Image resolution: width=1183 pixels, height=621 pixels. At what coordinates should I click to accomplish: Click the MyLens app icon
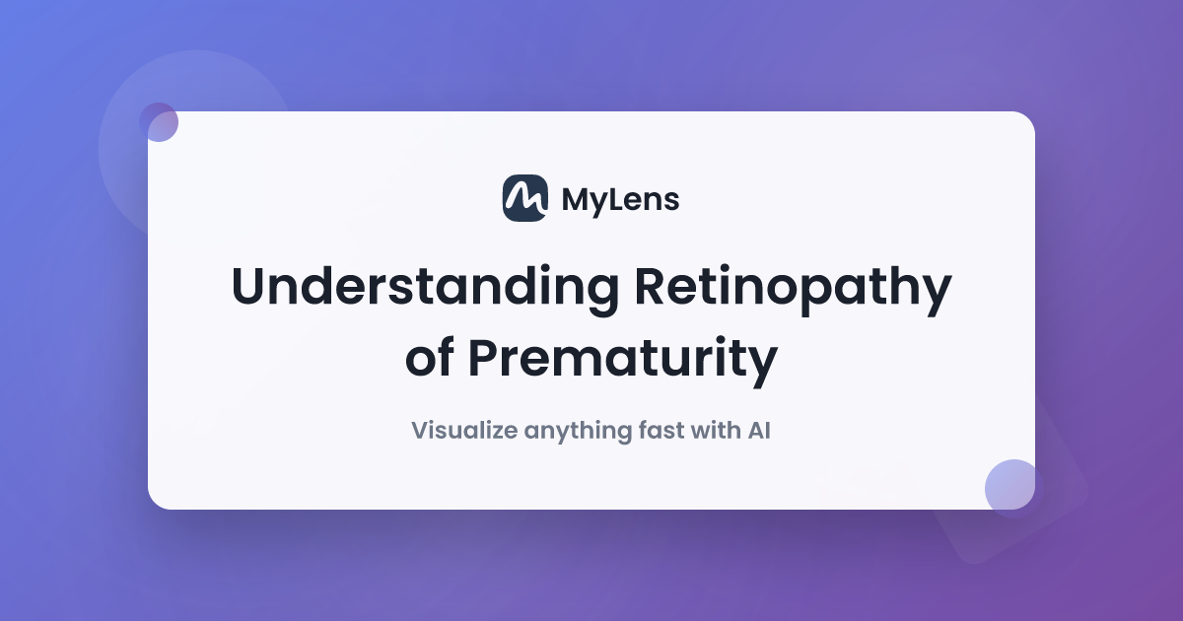coord(524,198)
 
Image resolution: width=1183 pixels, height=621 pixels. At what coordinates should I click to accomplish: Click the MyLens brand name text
coord(620,201)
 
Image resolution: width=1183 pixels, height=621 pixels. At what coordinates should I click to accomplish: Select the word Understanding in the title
coord(425,286)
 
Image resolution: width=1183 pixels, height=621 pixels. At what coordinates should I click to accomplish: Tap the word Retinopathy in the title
coord(794,290)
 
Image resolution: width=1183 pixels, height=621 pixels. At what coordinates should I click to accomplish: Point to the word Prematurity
coord(623,361)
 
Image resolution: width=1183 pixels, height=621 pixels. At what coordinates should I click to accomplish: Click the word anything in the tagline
coord(578,432)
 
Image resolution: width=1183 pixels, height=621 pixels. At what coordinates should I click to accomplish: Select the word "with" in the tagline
coord(716,430)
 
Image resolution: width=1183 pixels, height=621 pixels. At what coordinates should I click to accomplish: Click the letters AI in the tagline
coord(759,431)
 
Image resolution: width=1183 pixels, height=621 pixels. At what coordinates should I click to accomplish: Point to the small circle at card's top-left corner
coord(159,122)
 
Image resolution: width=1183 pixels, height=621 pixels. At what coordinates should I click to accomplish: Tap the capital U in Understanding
coord(247,287)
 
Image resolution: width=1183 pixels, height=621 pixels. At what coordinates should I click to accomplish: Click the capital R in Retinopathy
coord(652,287)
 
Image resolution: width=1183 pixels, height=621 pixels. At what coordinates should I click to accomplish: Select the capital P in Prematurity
coord(484,358)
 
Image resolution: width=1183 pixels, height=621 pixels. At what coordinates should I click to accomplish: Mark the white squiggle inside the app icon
coord(524,198)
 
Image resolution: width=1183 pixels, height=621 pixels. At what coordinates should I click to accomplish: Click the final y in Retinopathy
coord(935,297)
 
